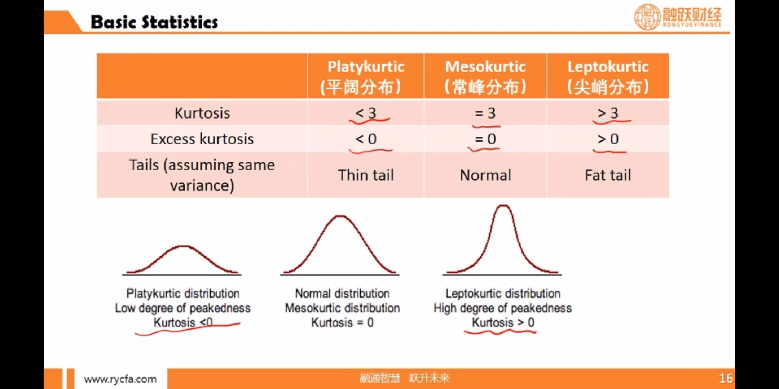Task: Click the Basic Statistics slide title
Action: (154, 22)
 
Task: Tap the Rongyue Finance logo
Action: (678, 17)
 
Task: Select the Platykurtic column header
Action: (366, 76)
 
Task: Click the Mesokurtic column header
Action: (485, 76)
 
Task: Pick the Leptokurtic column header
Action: (608, 76)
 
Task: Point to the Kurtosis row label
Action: (202, 113)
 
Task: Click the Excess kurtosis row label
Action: (202, 139)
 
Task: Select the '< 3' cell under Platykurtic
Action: (366, 113)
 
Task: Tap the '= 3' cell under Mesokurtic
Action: (485, 113)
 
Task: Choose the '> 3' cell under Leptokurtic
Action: (608, 113)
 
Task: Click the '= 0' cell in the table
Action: (485, 139)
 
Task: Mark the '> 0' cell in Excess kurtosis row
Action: (608, 139)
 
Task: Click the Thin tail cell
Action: (366, 175)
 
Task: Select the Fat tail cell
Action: (608, 175)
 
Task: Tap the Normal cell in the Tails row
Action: (485, 175)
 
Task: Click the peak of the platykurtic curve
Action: (184, 246)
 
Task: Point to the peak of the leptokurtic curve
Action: (503, 206)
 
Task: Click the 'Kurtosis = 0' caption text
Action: (342, 322)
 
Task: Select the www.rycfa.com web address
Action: (120, 379)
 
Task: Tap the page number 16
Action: (726, 378)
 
